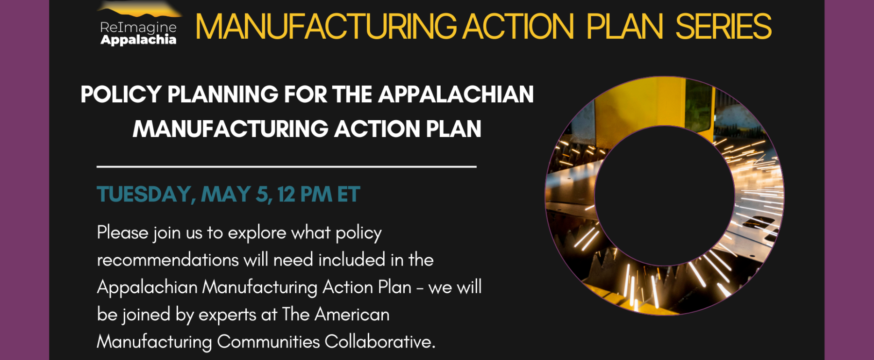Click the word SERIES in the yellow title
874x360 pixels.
tap(724, 27)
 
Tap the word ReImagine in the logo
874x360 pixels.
tap(138, 28)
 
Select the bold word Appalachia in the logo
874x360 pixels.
tap(138, 40)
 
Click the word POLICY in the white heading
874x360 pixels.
tap(121, 94)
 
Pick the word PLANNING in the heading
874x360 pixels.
tap(223, 94)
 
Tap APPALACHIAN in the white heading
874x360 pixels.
tap(456, 94)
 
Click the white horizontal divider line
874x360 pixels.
tap(287, 166)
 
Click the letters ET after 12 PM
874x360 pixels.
tap(348, 194)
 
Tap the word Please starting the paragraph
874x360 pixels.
tap(122, 232)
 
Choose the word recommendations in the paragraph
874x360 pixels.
tap(168, 260)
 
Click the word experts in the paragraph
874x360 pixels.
tap(228, 315)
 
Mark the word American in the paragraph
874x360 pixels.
tap(352, 314)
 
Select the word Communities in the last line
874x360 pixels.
tap(268, 342)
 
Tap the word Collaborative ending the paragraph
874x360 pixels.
tap(380, 342)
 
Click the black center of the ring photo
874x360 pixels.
tap(665, 195)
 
